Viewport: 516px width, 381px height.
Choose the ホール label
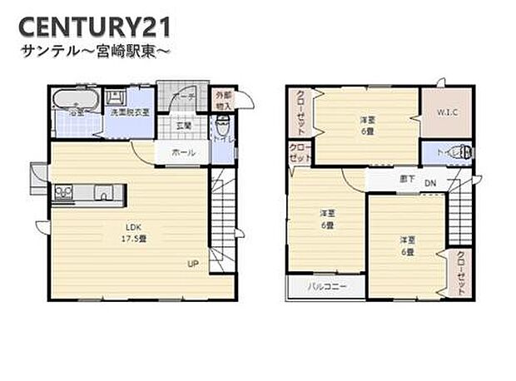pyautogui.click(x=183, y=153)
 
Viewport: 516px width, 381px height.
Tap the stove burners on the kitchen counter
pyautogui.click(x=64, y=195)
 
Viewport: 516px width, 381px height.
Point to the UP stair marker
pyautogui.click(x=192, y=265)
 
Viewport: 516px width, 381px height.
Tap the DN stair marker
pyautogui.click(x=430, y=182)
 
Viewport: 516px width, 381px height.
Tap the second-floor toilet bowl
pyautogui.click(x=463, y=153)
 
